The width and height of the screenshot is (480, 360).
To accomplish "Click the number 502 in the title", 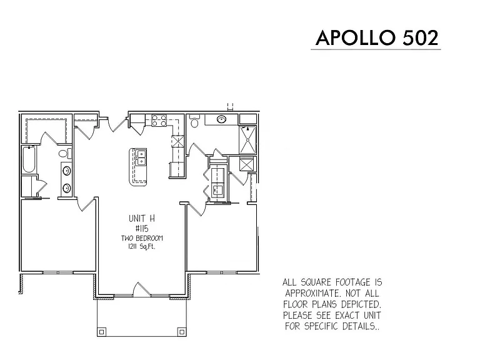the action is pyautogui.click(x=420, y=38).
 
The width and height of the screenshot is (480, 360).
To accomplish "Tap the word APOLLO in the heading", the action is pyautogui.click(x=356, y=38).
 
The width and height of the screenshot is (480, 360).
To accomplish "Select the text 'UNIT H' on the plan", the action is pyautogui.click(x=142, y=219).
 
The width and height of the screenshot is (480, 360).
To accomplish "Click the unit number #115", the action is pyautogui.click(x=142, y=229).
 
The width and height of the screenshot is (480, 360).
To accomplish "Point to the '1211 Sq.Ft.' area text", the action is pyautogui.click(x=142, y=247).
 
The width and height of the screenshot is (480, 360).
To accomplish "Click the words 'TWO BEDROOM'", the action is pyautogui.click(x=142, y=238).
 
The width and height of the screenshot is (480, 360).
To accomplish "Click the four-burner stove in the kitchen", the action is pyautogui.click(x=159, y=120).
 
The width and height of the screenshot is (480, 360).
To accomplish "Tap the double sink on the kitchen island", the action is pyautogui.click(x=141, y=157).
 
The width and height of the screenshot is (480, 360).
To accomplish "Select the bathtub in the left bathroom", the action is pyautogui.click(x=29, y=159).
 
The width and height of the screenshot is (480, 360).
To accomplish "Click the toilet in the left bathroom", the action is pyautogui.click(x=64, y=153).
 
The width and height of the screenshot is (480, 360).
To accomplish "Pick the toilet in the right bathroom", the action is pyautogui.click(x=194, y=121).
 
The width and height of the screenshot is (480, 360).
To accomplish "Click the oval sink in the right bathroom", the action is pyautogui.click(x=222, y=119).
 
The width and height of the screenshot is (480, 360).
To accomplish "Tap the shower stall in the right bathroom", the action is pyautogui.click(x=247, y=139).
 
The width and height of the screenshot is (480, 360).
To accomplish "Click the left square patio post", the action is pyautogui.click(x=102, y=331).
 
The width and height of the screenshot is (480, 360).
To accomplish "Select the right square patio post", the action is pyautogui.click(x=181, y=331).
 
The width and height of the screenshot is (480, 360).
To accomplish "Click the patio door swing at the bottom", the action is pyautogui.click(x=141, y=288).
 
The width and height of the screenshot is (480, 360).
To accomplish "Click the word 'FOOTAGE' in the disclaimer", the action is pyautogui.click(x=352, y=282).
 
